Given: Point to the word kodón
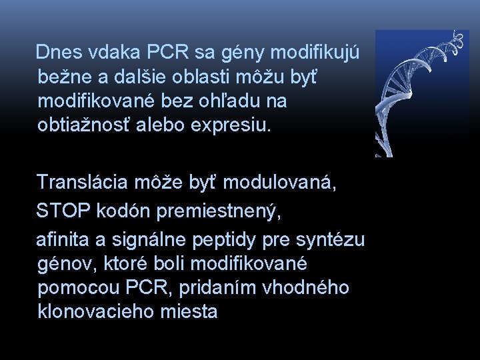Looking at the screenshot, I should click(x=122, y=211).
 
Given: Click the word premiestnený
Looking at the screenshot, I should click(x=221, y=211).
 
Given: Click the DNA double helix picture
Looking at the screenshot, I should click(x=421, y=93).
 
